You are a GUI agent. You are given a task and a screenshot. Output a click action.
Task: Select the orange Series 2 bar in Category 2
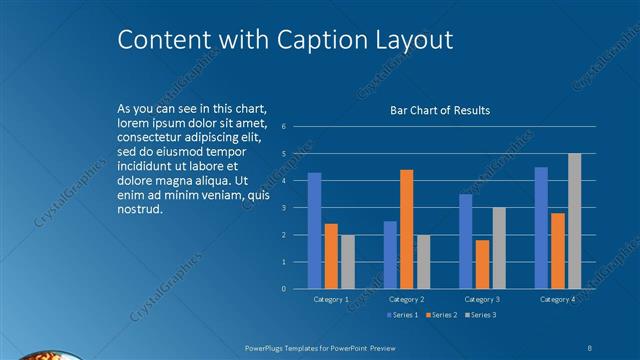tap(406, 229)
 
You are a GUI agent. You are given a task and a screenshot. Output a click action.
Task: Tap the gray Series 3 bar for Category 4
tap(574, 221)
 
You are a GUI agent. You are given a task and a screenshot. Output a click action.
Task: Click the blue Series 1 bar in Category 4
tap(541, 228)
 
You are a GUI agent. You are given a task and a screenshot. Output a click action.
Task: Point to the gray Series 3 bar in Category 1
tap(347, 262)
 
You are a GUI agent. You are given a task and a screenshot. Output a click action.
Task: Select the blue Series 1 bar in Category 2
tap(390, 255)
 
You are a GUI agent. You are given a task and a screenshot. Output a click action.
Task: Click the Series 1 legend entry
tap(403, 315)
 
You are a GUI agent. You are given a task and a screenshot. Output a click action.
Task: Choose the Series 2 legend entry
tap(442, 315)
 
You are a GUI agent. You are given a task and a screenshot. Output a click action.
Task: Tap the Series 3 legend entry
tap(480, 315)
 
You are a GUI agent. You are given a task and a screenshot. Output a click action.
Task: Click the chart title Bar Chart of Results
tap(439, 110)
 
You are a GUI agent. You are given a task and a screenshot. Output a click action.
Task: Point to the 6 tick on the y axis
tap(284, 127)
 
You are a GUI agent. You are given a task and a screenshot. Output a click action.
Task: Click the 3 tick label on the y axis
tap(284, 208)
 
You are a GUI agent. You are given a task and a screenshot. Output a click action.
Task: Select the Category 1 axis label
tap(331, 299)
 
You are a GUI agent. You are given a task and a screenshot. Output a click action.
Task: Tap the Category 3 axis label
tap(482, 299)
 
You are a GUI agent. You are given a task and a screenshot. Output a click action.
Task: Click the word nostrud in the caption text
tap(139, 211)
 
